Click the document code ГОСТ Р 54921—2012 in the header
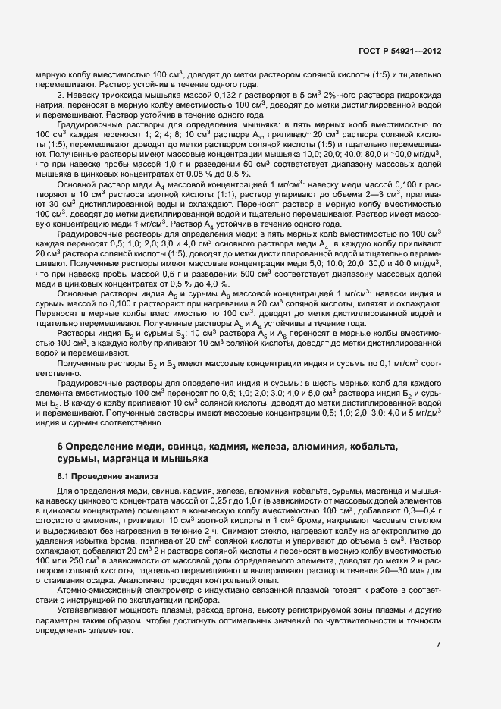(399, 52)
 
